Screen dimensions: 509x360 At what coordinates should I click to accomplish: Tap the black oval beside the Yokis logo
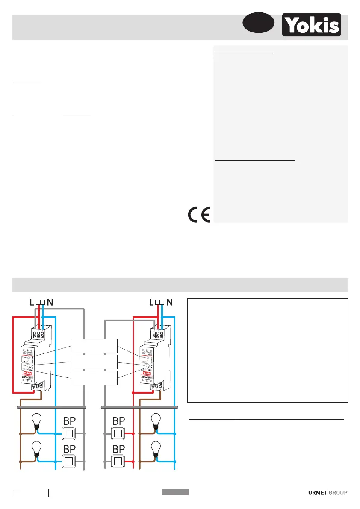coord(258,23)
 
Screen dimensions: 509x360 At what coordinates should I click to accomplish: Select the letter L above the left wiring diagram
coord(32,302)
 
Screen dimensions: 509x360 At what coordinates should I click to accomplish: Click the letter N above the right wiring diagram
coord(169,302)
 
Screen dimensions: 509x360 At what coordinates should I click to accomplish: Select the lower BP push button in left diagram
coord(70,462)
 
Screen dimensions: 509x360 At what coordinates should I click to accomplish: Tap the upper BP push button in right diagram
coord(118,434)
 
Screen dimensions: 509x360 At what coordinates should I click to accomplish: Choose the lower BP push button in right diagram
coord(118,462)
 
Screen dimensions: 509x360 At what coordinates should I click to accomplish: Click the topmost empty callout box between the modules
coord(94,345)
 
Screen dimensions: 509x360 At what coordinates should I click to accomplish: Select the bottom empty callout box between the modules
coord(94,378)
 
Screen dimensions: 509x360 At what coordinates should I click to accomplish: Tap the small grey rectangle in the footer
coord(175,492)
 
